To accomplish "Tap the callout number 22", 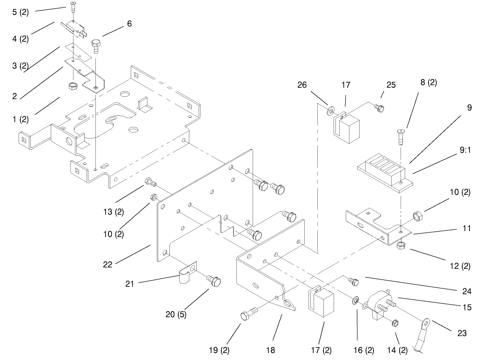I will pos(108,265).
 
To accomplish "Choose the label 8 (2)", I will pos(428,82).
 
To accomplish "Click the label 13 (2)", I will pos(114,212).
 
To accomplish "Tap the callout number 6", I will pos(129,23).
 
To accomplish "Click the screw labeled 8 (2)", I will pos(400,137).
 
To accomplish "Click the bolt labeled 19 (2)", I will pos(248,314).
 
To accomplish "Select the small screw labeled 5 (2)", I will pos(73,6).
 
